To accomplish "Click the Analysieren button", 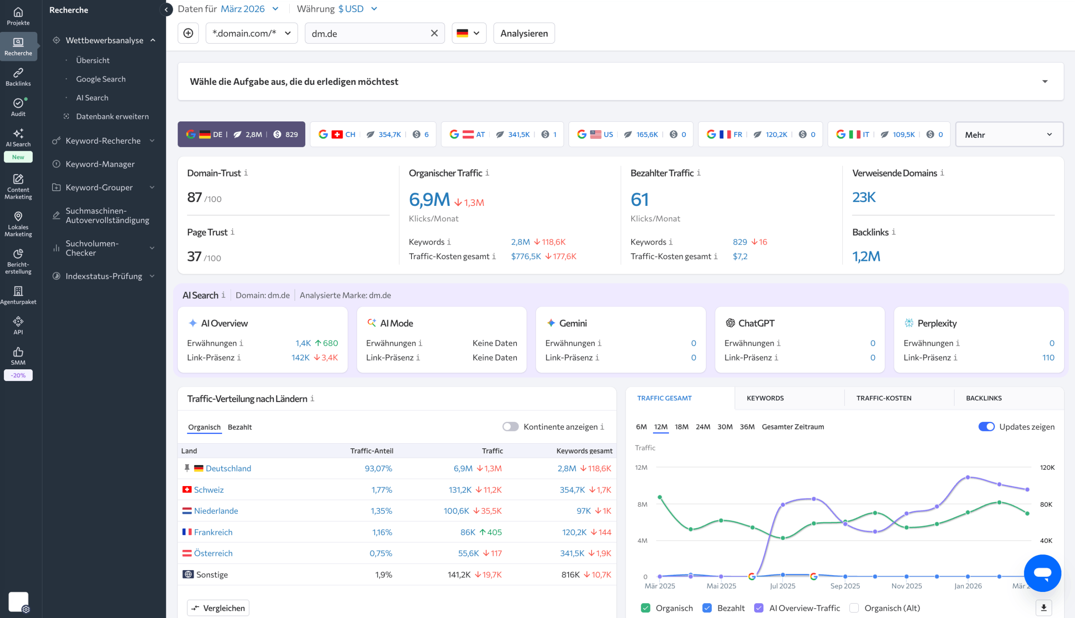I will click(x=524, y=33).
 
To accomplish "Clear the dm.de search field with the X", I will click(x=434, y=33).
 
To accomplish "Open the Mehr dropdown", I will click(x=1009, y=134).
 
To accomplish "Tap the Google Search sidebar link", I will click(x=100, y=79).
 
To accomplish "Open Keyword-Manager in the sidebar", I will click(x=100, y=164).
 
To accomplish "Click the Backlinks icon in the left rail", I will click(x=18, y=77).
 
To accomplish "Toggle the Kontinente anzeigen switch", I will click(x=510, y=426).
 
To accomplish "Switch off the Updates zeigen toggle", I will click(x=986, y=426).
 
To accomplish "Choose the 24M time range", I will click(x=703, y=426).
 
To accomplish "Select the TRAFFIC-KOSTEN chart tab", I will click(x=884, y=398).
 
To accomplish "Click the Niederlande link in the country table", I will click(x=215, y=510).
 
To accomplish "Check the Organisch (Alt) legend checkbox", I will click(x=854, y=608).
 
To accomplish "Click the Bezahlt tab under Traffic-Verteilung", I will click(x=240, y=427).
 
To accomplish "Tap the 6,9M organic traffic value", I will click(x=429, y=199).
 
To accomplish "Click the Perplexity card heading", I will click(x=937, y=323).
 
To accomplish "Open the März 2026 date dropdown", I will click(x=249, y=9).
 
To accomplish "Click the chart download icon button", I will click(x=1044, y=608).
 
